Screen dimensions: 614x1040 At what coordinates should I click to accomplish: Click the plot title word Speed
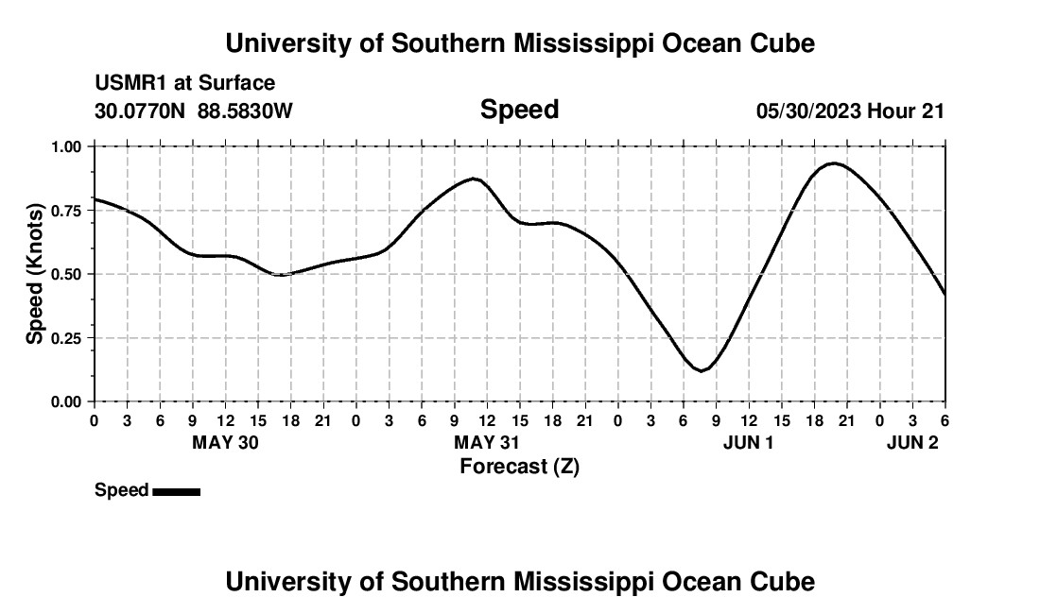519,110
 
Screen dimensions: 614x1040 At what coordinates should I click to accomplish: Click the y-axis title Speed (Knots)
35,274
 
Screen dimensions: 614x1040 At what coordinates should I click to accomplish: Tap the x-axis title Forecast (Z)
519,466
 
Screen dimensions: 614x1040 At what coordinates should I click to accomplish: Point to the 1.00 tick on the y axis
67,146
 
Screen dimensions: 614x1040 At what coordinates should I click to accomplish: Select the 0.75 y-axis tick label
67,211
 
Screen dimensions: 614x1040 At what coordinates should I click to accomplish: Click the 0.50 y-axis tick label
67,274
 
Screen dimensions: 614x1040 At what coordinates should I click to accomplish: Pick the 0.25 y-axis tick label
67,338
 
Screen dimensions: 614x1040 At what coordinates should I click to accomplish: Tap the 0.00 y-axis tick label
67,401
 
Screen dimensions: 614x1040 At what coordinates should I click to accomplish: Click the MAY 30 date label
225,443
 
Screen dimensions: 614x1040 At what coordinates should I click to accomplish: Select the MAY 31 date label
487,443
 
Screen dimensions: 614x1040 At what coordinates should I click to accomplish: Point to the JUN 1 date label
748,443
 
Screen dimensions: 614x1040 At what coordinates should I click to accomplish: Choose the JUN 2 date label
912,443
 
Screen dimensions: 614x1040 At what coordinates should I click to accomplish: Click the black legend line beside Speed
176,491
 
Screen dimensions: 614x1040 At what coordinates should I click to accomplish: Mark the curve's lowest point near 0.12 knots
701,370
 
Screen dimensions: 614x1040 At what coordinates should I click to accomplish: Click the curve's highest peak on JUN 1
833,163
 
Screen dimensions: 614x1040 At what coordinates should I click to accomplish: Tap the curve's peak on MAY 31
475,179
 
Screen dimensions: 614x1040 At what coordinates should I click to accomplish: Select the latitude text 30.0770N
141,111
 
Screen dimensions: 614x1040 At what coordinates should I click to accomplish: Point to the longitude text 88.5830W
245,111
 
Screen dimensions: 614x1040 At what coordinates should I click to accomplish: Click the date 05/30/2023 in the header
808,111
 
